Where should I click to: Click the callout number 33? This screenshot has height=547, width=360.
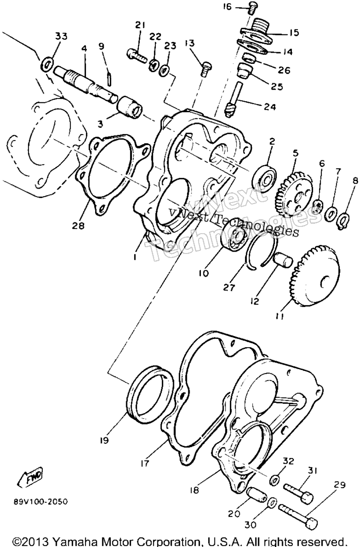click(x=61, y=36)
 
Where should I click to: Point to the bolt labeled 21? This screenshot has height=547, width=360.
click(x=137, y=56)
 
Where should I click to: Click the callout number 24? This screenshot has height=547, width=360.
click(x=270, y=107)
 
